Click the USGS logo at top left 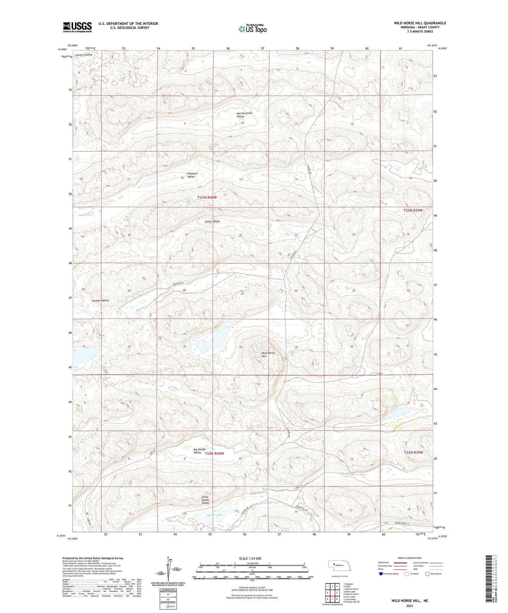77,27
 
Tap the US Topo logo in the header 252,29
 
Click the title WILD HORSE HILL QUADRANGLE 420,23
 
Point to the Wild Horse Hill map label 268,355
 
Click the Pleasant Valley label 192,175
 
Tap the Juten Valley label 212,222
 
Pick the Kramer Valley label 101,301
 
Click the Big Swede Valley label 199,451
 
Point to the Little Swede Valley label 205,500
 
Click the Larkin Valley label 84,55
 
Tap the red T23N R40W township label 207,198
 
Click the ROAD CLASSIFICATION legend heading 410,558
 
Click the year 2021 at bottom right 409,606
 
